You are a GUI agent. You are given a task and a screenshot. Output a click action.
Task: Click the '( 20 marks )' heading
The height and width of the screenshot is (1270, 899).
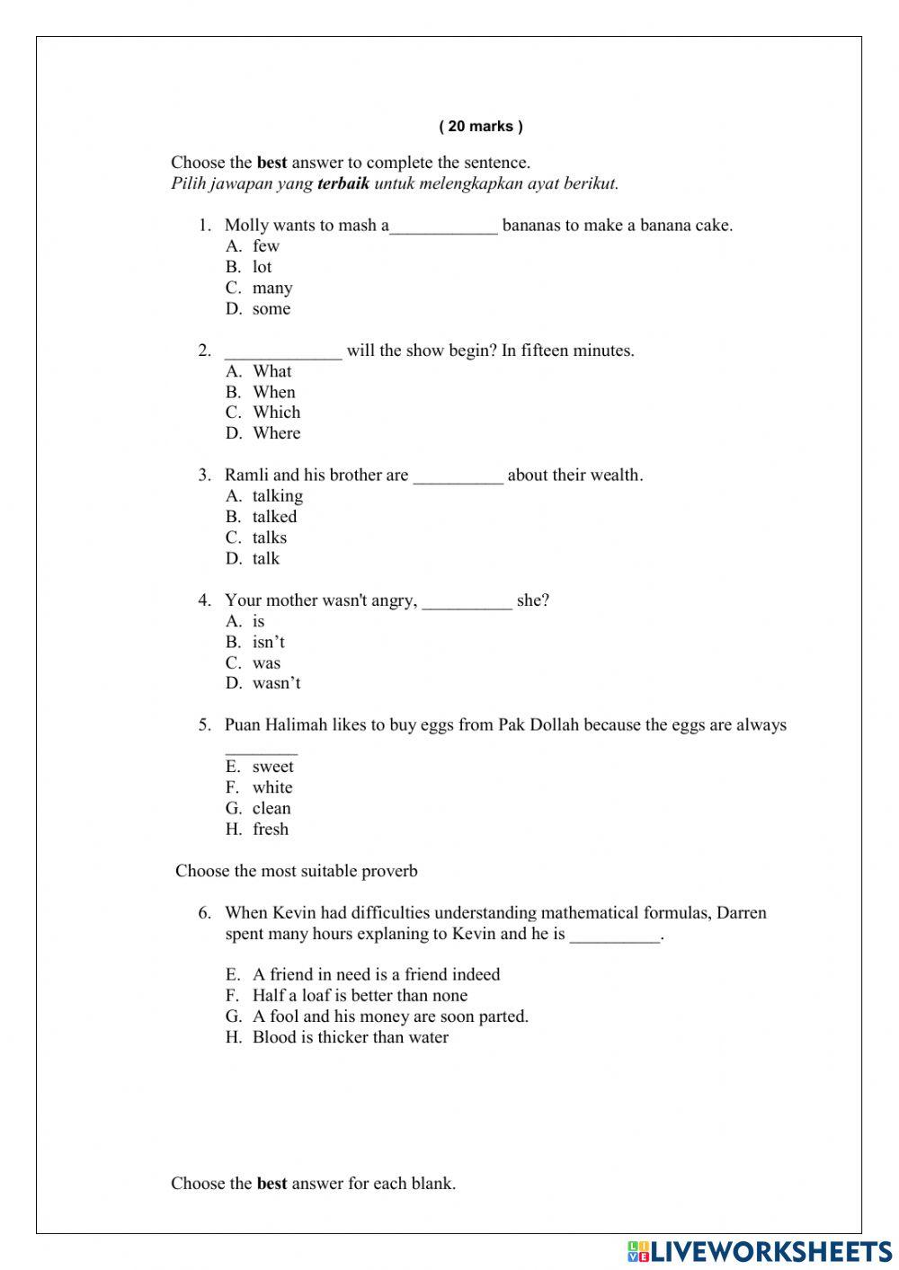pos(480,127)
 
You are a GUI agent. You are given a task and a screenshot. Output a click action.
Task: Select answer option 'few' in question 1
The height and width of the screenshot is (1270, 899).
pos(265,246)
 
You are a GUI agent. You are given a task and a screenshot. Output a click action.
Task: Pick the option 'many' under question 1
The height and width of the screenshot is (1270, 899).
pos(271,288)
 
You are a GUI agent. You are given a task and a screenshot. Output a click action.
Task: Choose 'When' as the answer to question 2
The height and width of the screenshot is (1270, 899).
pos(273,392)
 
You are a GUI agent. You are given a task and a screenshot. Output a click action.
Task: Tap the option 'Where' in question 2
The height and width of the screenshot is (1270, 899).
pos(276,433)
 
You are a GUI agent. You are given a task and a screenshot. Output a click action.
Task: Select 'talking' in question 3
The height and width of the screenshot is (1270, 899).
pos(277,496)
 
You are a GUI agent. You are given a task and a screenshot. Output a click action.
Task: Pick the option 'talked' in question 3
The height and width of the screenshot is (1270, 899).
pos(274,517)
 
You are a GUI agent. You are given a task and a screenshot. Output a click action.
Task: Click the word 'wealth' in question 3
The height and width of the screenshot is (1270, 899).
pos(614,475)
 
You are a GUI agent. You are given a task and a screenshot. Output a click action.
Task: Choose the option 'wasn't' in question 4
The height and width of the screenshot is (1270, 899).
pos(276,683)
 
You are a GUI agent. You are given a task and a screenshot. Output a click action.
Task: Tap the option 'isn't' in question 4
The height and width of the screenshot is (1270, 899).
pos(268,642)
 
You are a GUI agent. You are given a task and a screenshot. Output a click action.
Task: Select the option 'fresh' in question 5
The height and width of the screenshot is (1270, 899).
pos(270,829)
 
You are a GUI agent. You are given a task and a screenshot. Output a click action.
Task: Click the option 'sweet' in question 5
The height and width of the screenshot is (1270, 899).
pos(272,767)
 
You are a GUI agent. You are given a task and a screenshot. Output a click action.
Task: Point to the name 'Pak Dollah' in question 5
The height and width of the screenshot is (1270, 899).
pos(537,725)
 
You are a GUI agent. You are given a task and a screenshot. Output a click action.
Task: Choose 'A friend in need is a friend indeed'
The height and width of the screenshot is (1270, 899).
pos(376,974)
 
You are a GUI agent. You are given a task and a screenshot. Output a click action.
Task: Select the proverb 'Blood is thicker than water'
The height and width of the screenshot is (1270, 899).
pos(350,1037)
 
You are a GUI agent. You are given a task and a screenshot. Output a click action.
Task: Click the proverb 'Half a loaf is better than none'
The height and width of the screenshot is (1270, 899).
pos(360,996)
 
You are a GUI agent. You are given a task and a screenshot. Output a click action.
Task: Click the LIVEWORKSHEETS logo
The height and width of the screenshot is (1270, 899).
pos(760,1251)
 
